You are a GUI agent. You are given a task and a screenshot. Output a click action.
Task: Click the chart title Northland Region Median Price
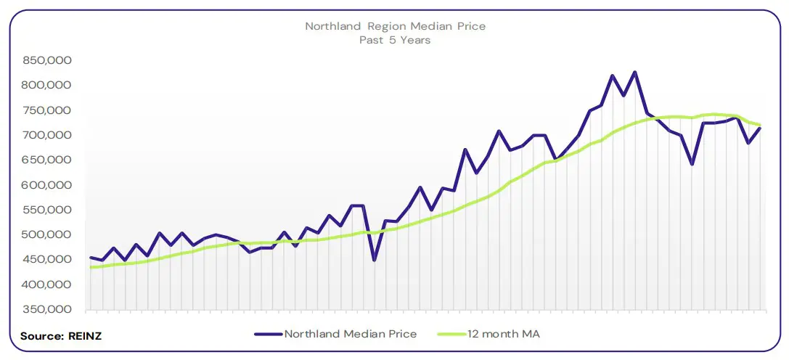395,26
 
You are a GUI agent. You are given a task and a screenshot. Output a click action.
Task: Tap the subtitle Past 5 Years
395,40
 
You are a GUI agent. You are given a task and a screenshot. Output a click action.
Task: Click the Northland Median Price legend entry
350,334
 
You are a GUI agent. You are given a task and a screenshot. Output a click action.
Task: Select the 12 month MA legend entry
504,334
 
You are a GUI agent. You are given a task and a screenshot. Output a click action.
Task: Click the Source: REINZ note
54,336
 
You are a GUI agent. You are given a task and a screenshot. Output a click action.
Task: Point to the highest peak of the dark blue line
634,72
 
